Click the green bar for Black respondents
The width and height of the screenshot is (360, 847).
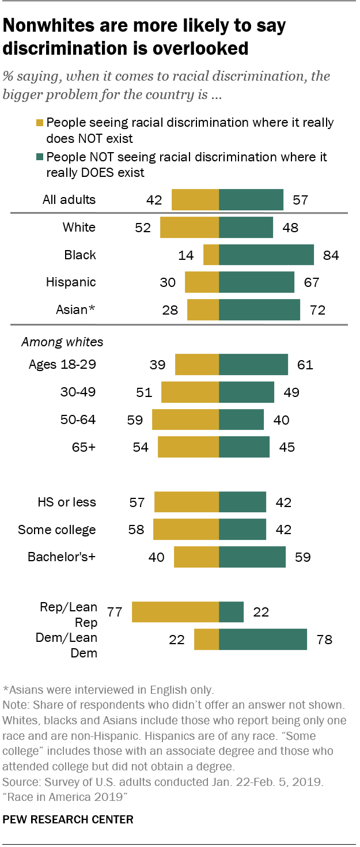(x=266, y=255)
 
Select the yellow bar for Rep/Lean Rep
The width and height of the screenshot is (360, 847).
(x=175, y=612)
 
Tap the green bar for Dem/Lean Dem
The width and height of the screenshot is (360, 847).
(x=263, y=640)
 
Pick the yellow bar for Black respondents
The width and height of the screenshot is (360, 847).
(x=211, y=255)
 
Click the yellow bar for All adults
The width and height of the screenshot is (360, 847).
(x=195, y=200)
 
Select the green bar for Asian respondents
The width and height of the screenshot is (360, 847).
(x=259, y=310)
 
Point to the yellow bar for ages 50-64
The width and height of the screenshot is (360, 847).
(x=185, y=420)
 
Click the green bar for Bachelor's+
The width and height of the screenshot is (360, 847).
(x=252, y=557)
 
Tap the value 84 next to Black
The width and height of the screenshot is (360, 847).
(x=331, y=255)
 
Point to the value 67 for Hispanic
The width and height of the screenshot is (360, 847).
(x=311, y=282)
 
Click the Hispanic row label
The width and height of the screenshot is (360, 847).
(x=71, y=282)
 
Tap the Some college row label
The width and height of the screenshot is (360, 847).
(x=57, y=530)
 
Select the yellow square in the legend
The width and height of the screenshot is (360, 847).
(x=40, y=123)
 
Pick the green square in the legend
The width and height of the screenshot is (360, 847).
(x=40, y=157)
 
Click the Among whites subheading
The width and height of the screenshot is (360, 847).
(x=62, y=342)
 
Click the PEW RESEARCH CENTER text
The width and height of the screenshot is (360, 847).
(x=68, y=819)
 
